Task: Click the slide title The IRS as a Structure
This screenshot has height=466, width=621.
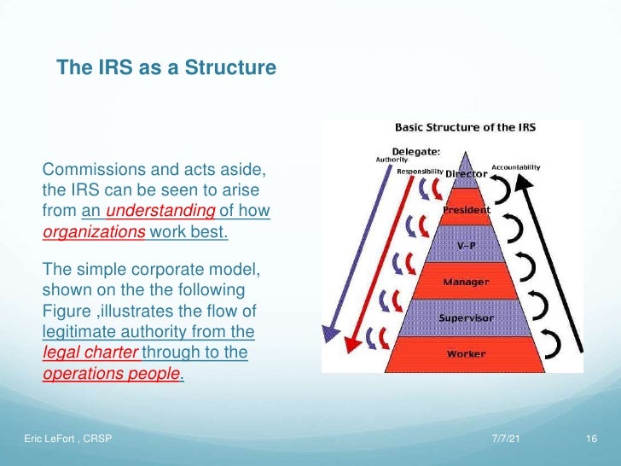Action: click(166, 67)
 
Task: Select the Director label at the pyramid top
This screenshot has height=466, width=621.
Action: click(467, 174)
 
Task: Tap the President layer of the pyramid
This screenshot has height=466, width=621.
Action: click(466, 210)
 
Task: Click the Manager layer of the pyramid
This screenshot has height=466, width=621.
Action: click(466, 281)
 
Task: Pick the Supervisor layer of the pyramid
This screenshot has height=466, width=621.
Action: click(466, 317)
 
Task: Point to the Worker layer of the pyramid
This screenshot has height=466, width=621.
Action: click(466, 353)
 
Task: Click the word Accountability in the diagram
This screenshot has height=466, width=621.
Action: click(515, 167)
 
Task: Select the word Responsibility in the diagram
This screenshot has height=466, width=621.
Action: click(420, 172)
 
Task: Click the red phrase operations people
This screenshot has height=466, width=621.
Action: click(111, 374)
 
